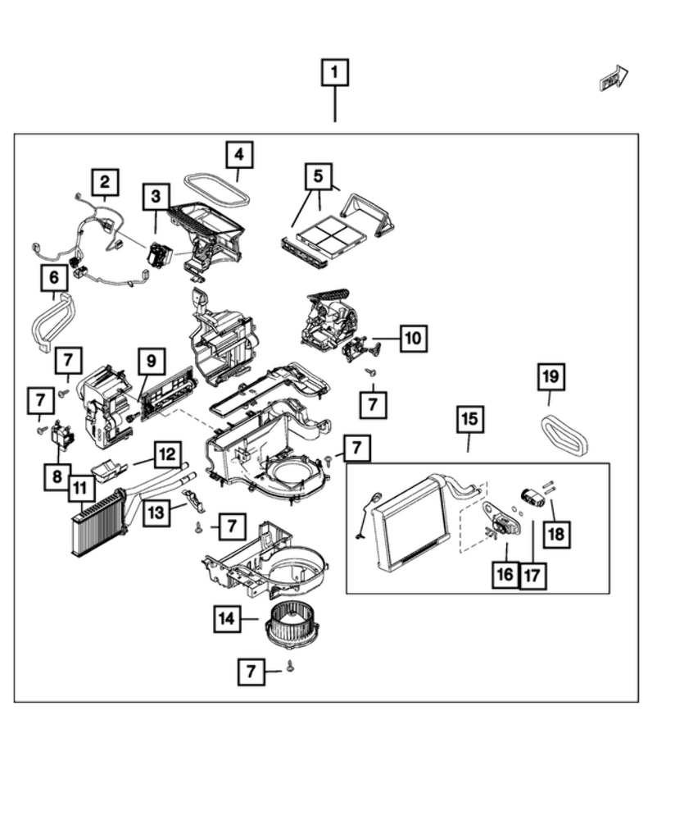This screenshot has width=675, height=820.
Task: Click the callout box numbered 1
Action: (334, 73)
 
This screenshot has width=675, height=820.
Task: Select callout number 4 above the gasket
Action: (238, 154)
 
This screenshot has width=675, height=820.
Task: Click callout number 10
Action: (414, 337)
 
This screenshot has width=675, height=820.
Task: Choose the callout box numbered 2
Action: (105, 182)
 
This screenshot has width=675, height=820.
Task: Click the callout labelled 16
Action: (505, 574)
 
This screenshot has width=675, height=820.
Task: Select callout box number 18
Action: (556, 535)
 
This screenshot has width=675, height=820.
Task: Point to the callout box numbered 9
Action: (152, 360)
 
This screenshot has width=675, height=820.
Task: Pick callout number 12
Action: (165, 453)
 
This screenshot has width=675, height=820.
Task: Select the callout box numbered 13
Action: (156, 513)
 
